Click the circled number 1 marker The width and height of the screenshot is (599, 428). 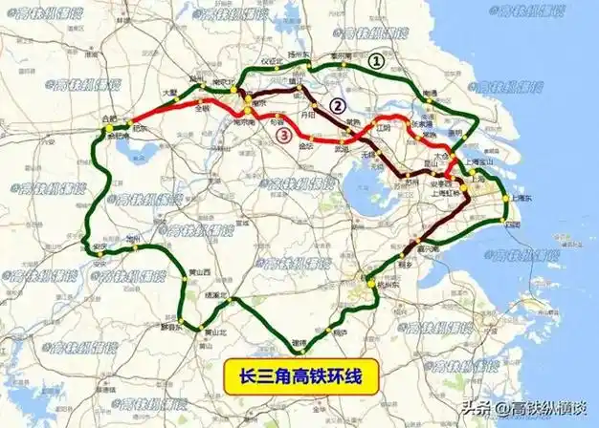(x=377, y=59)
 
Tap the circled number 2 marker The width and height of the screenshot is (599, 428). (x=336, y=105)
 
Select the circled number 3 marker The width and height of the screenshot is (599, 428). (x=283, y=136)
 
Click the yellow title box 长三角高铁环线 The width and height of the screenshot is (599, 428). (x=297, y=374)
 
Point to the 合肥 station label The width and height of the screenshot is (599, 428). (x=108, y=118)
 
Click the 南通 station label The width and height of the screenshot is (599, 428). (x=431, y=94)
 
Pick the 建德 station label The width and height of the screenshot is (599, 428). (x=299, y=340)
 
